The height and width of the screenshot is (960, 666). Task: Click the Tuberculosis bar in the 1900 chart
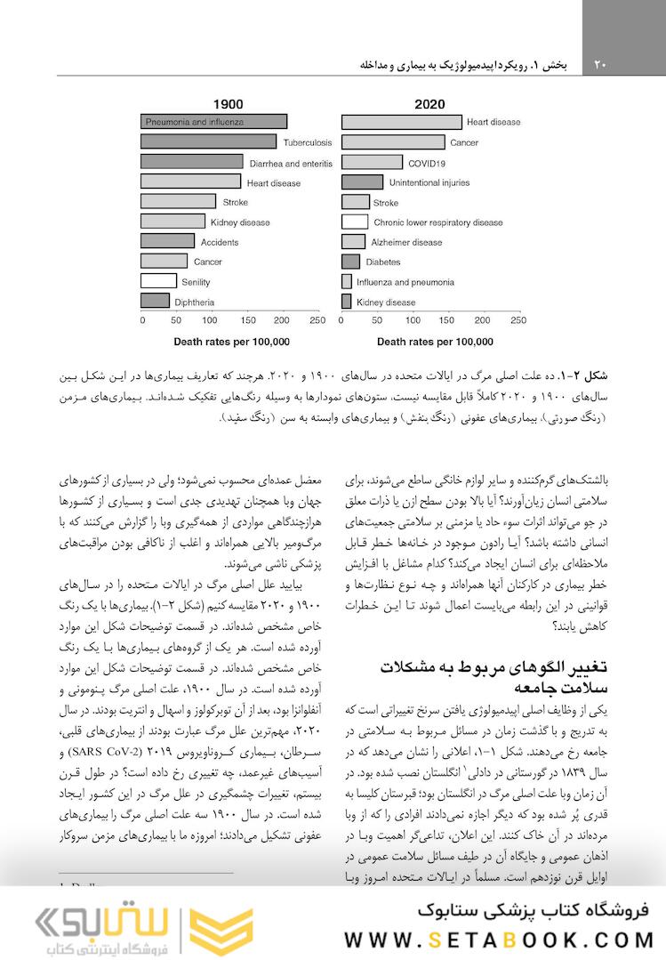(209, 141)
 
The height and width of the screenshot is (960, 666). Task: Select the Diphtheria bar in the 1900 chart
(155, 302)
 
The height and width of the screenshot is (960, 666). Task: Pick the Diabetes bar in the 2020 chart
(351, 262)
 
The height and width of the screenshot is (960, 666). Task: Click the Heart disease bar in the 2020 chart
(402, 122)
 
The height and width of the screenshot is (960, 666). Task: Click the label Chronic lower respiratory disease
(438, 222)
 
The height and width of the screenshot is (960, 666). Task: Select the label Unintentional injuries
(429, 182)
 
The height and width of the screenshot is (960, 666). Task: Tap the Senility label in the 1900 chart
(196, 282)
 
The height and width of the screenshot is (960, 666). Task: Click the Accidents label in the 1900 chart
(219, 242)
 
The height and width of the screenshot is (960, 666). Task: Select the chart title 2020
(429, 104)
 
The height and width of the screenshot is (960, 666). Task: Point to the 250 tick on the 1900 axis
(317, 320)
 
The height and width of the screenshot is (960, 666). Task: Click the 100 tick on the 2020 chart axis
(412, 320)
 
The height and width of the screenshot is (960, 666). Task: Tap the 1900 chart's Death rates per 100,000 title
(231, 341)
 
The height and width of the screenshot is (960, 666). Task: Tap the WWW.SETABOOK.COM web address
(499, 940)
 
